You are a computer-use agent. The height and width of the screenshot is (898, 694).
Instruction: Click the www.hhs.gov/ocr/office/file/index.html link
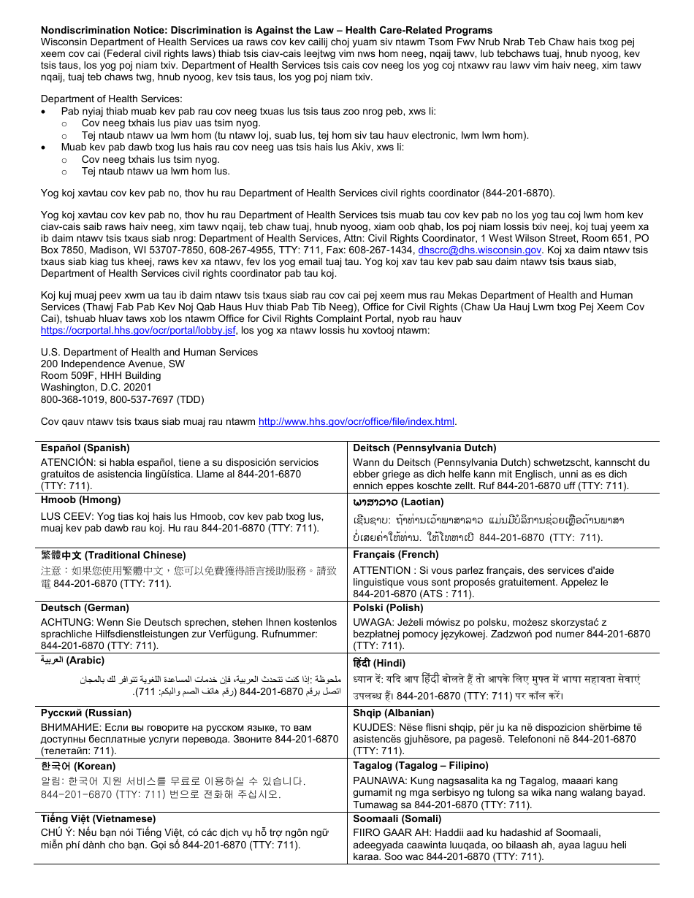(356, 421)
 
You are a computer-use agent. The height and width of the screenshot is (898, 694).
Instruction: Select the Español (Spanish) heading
(85, 448)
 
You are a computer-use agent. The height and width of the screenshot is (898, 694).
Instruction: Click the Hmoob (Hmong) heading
(80, 500)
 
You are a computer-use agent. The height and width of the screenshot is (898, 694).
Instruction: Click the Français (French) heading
(396, 556)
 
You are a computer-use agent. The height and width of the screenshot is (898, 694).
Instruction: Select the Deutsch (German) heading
(87, 608)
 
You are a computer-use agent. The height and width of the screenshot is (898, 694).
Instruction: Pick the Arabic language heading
(72, 661)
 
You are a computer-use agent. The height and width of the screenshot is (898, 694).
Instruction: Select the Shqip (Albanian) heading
(394, 713)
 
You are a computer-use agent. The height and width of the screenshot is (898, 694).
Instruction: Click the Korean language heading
(78, 767)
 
